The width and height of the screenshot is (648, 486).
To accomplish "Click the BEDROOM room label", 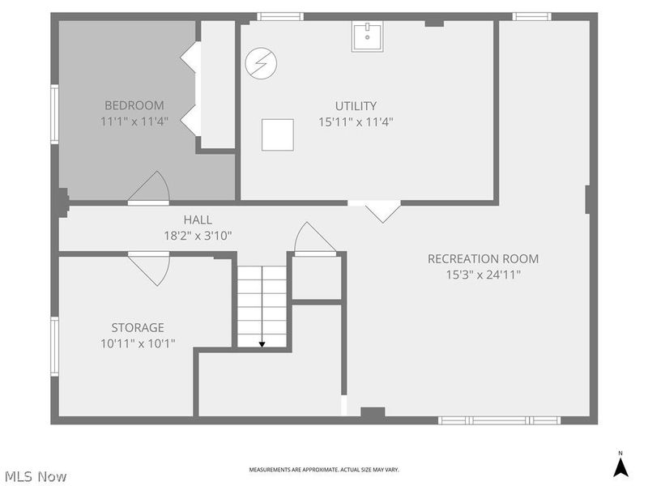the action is (x=134, y=105).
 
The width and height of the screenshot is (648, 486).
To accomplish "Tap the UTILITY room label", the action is (x=356, y=106).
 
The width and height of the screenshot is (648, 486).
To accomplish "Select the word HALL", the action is (x=198, y=220).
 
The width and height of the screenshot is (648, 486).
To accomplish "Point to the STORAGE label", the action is (x=138, y=327).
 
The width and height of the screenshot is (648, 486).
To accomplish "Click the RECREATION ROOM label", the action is (x=483, y=258).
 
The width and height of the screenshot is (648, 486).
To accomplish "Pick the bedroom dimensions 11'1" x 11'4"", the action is (x=134, y=122).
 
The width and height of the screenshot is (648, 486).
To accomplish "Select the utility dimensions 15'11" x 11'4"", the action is (x=356, y=122).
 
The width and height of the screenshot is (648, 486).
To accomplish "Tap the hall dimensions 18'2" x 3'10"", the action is (x=198, y=236).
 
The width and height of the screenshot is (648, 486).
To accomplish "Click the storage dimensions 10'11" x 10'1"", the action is (x=138, y=343).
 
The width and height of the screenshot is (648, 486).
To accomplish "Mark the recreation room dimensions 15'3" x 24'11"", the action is (x=483, y=275).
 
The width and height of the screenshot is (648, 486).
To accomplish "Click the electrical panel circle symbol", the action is (x=261, y=63).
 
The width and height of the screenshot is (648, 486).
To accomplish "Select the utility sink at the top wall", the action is (x=368, y=36).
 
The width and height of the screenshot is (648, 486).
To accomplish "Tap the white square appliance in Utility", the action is (x=278, y=134).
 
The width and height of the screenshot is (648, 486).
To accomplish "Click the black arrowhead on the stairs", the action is (x=262, y=344).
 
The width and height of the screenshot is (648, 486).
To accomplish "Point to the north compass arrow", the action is (x=620, y=467).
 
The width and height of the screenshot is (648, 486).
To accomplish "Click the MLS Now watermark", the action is (x=36, y=476).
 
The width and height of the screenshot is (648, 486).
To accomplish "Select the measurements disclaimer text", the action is (x=324, y=470).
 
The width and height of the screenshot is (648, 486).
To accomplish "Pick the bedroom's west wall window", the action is (x=54, y=114).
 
